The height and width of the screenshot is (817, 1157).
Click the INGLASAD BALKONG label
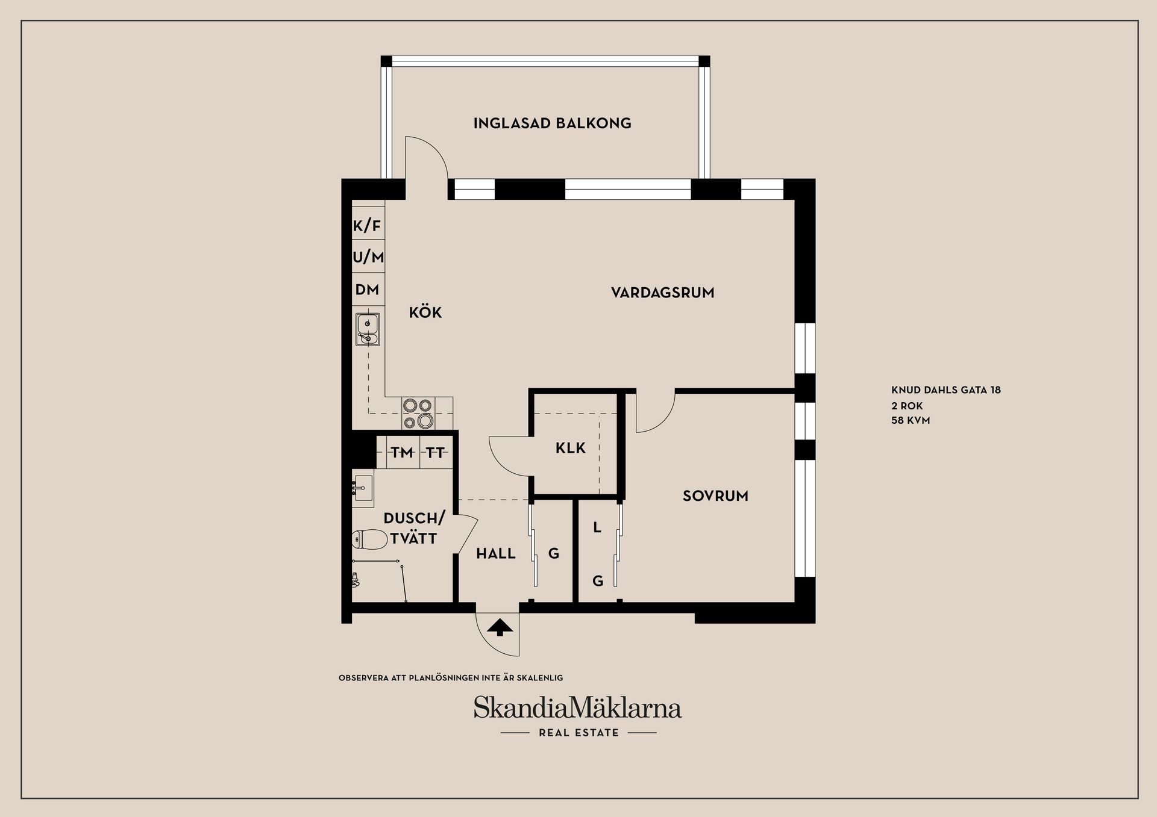click(552, 123)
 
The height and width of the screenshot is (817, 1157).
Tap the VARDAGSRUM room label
click(662, 293)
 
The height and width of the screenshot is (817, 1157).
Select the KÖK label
click(425, 312)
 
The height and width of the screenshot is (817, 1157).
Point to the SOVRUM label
click(715, 496)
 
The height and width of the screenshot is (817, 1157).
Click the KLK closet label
click(570, 448)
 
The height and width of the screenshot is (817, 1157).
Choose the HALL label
click(495, 553)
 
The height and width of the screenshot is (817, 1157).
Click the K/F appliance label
click(367, 226)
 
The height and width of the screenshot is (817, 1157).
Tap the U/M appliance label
click(368, 258)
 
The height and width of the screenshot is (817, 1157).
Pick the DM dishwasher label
click(367, 290)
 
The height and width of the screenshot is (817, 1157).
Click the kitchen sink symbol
click(367, 330)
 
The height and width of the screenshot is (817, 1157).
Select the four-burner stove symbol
click(418, 414)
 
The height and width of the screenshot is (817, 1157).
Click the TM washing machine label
click(402, 452)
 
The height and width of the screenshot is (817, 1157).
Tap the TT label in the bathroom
click(435, 452)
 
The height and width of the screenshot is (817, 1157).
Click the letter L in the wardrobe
click(597, 528)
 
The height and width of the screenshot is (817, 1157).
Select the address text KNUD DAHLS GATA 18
click(945, 390)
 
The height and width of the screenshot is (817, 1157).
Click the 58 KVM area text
click(911, 420)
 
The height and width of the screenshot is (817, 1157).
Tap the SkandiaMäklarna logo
click(577, 708)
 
